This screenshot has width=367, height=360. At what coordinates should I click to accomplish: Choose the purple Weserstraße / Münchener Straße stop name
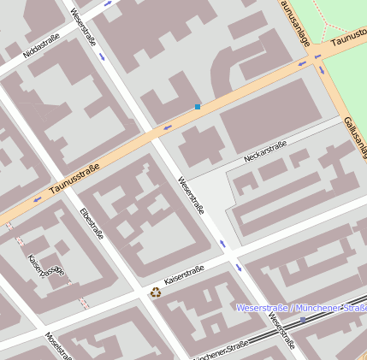(x=300, y=307)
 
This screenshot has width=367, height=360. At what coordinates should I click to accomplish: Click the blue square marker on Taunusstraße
(x=198, y=107)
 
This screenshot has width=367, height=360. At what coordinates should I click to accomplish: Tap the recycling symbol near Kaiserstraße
(x=156, y=292)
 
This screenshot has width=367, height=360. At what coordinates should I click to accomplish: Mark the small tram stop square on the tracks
(x=303, y=320)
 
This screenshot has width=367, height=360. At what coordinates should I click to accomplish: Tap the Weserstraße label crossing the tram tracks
(x=280, y=332)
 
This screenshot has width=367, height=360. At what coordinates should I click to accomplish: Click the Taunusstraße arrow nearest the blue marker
(x=168, y=127)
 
